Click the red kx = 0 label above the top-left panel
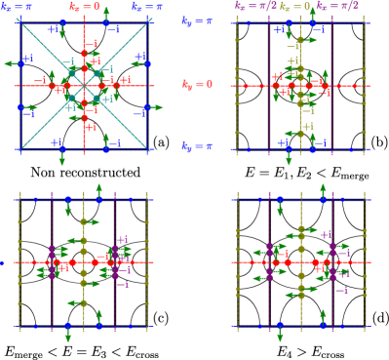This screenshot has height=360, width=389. pos(84,6)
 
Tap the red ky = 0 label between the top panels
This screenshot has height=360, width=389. pos(197,85)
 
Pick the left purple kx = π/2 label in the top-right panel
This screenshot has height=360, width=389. pos(255,6)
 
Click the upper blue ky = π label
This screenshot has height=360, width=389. pos(197,20)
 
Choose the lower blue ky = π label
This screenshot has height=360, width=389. pos(197,147)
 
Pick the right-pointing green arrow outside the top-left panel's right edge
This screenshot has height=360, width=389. pos(157,107)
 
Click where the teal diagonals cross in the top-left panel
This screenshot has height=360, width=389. pos(84,86)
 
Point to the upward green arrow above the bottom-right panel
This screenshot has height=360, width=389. pos(300,188)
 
